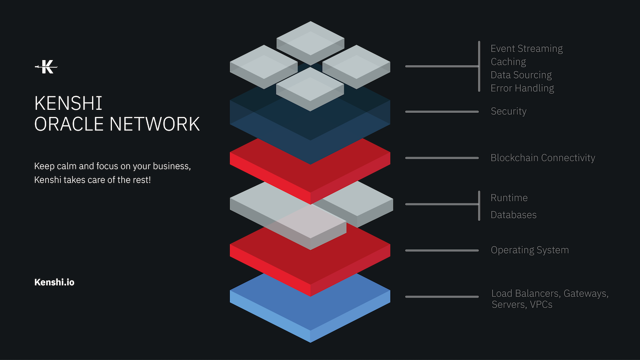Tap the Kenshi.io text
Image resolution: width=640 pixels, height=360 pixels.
54,282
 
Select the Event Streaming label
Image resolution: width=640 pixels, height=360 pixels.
527,48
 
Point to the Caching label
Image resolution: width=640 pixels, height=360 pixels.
508,62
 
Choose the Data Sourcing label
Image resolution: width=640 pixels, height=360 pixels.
521,75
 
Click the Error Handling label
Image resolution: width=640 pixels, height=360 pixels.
522,88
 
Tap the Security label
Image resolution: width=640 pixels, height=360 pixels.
508,111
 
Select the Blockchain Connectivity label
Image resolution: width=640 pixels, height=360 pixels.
543,158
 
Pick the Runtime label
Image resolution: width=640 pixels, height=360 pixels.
509,198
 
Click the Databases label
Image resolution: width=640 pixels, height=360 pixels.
513,215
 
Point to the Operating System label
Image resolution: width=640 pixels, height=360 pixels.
529,250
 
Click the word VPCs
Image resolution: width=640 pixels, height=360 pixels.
541,305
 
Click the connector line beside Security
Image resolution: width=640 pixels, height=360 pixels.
442,112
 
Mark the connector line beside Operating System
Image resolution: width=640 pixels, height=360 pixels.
442,250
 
